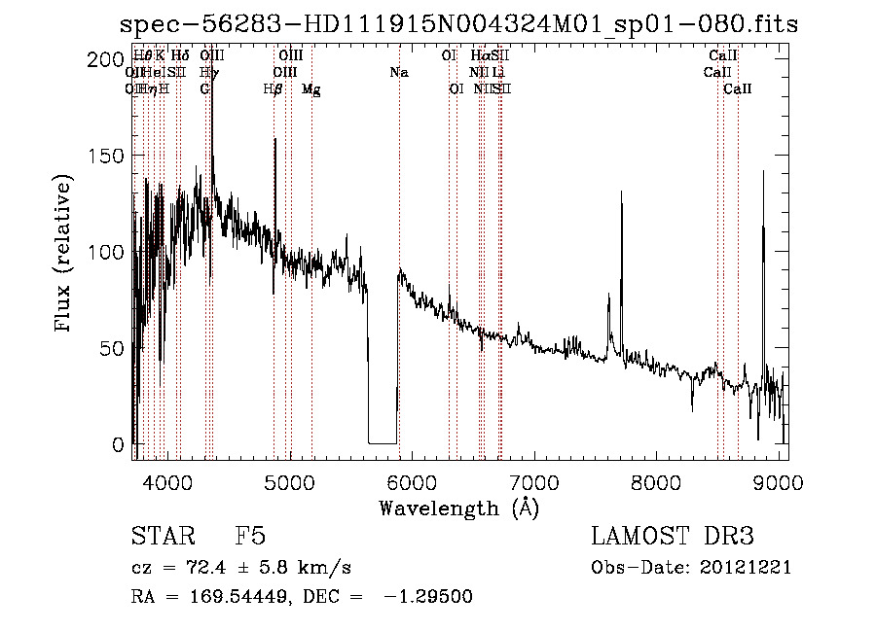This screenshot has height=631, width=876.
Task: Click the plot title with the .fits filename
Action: [458, 24]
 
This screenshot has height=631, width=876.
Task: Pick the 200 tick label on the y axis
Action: [100, 59]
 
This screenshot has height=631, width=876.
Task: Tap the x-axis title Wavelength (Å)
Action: [458, 507]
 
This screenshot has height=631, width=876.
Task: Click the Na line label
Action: [399, 72]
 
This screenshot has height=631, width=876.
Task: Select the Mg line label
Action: [311, 88]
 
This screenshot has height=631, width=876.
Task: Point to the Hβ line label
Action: [274, 88]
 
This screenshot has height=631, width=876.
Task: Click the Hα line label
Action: [479, 56]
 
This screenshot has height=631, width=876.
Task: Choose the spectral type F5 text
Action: [250, 537]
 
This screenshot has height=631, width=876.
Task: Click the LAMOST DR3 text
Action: [672, 537]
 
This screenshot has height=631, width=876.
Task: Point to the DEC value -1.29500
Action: [429, 596]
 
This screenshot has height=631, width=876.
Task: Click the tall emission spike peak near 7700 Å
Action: [621, 193]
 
